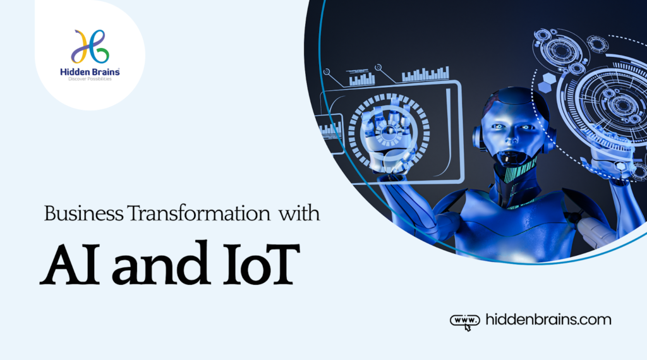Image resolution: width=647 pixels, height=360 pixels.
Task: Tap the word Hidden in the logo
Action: pos(74,73)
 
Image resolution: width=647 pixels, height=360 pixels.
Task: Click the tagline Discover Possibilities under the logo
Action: pos(90,80)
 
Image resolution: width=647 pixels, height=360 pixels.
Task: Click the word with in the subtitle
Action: pos(299,213)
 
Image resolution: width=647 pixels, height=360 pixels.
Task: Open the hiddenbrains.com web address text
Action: pos(548,320)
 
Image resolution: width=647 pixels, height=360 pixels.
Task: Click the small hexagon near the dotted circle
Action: pos(547,80)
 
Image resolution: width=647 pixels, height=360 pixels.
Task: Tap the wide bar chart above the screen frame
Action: pos(425,75)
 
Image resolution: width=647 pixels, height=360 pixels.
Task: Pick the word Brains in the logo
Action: pos(105,73)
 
